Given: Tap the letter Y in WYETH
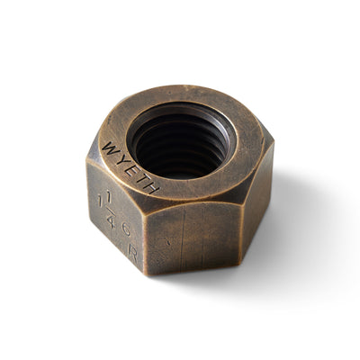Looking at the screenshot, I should [121, 159].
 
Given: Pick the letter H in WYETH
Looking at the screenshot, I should [154, 188].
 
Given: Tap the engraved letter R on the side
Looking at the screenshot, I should [134, 253].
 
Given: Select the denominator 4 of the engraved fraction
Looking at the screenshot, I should [110, 220].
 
